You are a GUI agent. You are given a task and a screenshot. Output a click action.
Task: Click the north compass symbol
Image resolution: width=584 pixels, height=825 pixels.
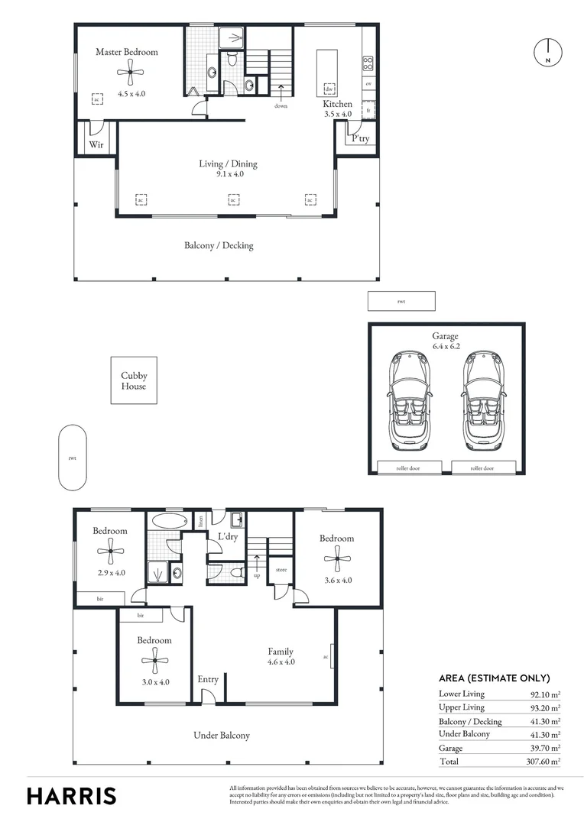tap(547, 51)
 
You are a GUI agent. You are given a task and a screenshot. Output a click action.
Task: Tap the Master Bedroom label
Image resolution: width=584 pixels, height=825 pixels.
tap(127, 52)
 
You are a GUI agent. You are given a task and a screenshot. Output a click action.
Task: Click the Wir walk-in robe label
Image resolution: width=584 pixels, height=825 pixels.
tap(96, 144)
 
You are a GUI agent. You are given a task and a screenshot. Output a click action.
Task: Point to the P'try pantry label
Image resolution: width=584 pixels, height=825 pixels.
tap(360, 138)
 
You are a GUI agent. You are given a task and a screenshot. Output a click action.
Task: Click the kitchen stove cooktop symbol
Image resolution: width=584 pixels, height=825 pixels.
tap(368, 63)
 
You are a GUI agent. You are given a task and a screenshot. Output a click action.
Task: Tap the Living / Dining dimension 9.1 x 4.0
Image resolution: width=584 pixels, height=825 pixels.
tap(229, 174)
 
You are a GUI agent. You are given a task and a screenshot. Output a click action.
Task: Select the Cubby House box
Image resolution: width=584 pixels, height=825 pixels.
tap(134, 380)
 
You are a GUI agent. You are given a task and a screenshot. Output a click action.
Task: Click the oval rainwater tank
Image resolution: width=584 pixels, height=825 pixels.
tap(73, 458)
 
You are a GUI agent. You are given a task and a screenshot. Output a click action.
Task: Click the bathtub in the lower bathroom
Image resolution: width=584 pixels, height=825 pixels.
tap(168, 522)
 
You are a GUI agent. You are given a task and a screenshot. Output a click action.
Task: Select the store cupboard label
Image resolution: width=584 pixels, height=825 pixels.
tap(281, 569)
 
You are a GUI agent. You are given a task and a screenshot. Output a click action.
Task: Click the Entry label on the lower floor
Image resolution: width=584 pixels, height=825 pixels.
tap(208, 679)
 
